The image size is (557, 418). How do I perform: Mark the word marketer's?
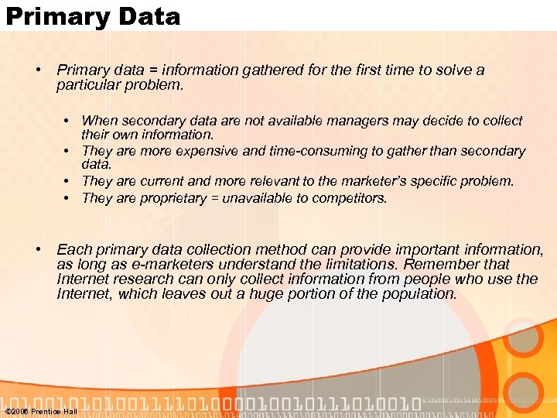tap(365, 181)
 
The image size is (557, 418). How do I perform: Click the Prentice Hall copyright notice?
tap(41, 411)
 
